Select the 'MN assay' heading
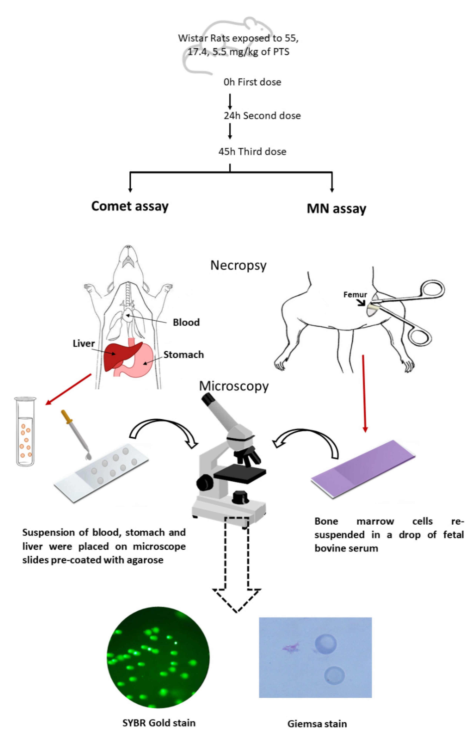tap(336, 209)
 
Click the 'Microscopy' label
tap(234, 386)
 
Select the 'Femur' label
tap(355, 295)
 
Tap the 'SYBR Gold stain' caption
tap(159, 723)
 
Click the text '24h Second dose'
tap(262, 116)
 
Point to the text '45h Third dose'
tap(252, 152)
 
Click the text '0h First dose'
tap(252, 82)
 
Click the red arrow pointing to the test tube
tap(69, 389)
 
